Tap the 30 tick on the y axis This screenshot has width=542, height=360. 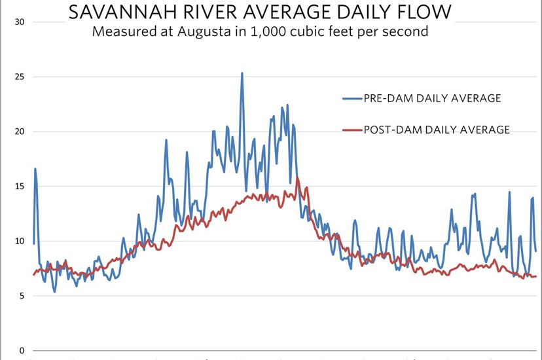coord(20,22)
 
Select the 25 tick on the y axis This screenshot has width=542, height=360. coord(20,77)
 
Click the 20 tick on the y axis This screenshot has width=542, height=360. coord(20,132)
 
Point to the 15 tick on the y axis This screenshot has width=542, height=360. coord(20,187)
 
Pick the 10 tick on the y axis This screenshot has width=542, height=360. coord(20,241)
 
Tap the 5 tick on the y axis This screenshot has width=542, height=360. coord(22,296)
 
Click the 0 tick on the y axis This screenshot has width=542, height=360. coord(22,350)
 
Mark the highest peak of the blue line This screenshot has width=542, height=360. coord(242,73)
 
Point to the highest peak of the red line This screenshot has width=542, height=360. coord(298,177)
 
